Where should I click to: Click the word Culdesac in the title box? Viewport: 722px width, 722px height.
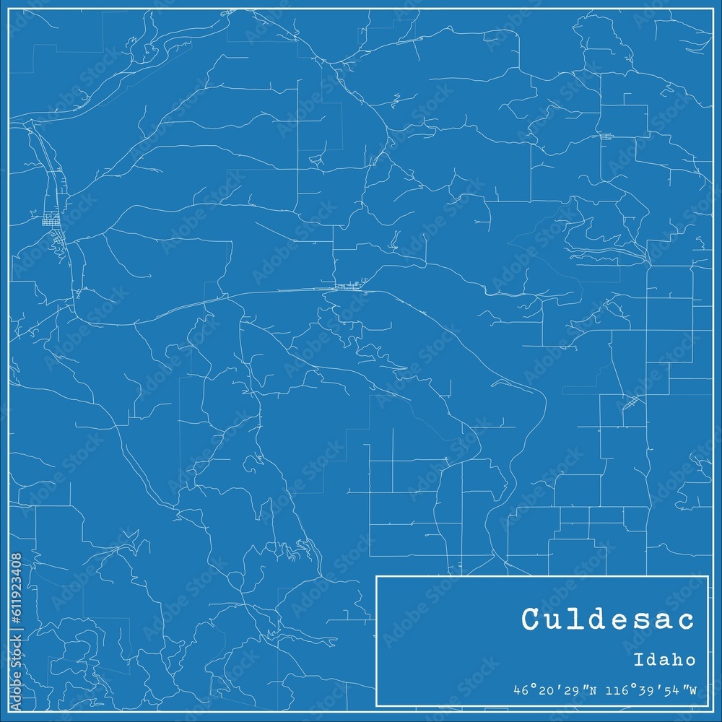609,619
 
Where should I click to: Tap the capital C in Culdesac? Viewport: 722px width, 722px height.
531,619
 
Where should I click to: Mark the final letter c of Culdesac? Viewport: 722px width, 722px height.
686,619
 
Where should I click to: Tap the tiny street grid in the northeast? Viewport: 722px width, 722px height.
606,136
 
